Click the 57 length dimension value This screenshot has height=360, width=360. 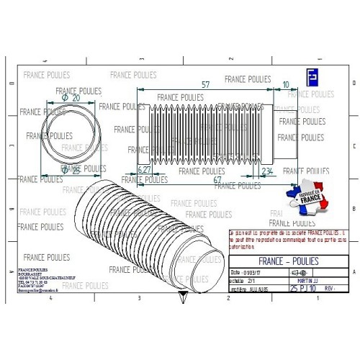(x=206, y=85)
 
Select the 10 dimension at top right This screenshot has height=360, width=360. (x=287, y=85)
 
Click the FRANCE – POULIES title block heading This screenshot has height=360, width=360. (x=288, y=262)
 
